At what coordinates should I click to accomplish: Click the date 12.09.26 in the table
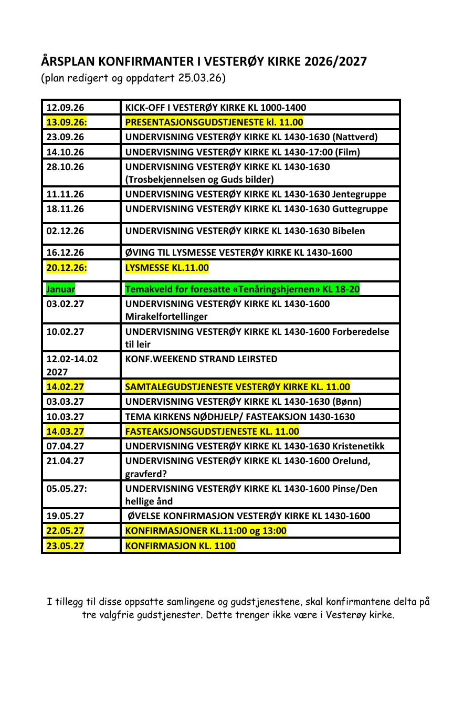(x=65, y=108)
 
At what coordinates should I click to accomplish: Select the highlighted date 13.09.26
(x=67, y=122)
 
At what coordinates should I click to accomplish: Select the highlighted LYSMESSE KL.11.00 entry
(x=167, y=268)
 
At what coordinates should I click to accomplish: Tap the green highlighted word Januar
(x=60, y=289)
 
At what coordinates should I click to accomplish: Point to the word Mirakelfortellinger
(x=166, y=317)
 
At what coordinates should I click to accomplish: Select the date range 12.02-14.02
(x=72, y=359)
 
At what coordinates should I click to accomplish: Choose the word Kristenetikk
(x=359, y=446)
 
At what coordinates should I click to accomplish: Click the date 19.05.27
(x=65, y=516)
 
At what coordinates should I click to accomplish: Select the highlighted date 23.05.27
(x=65, y=546)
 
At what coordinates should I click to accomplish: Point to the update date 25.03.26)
(x=202, y=78)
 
